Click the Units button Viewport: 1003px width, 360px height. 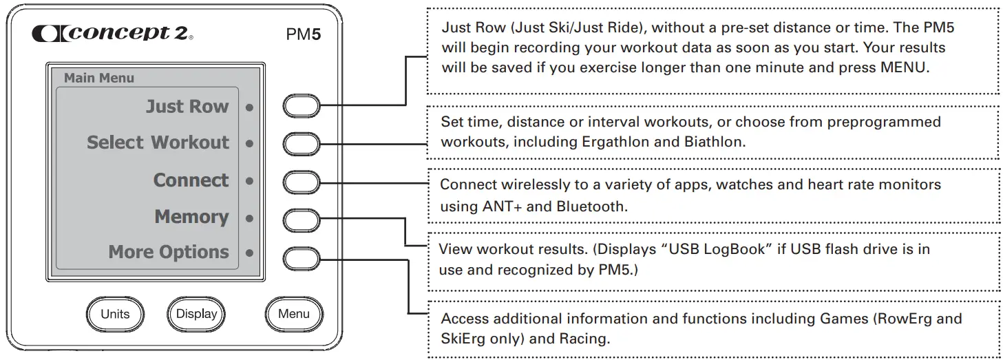click(x=115, y=314)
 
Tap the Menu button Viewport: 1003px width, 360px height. click(x=294, y=314)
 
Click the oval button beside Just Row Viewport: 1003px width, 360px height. click(x=302, y=107)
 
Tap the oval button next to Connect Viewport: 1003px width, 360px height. click(x=302, y=182)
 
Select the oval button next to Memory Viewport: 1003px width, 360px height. click(x=302, y=220)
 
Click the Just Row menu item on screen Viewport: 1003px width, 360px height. click(x=187, y=107)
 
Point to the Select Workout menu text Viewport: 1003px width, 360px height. click(x=158, y=142)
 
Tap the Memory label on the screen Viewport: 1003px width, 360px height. click(x=191, y=217)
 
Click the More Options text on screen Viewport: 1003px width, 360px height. click(x=168, y=253)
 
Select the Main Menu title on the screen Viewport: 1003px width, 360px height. click(x=99, y=78)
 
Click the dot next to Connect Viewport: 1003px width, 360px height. click(x=249, y=181)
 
